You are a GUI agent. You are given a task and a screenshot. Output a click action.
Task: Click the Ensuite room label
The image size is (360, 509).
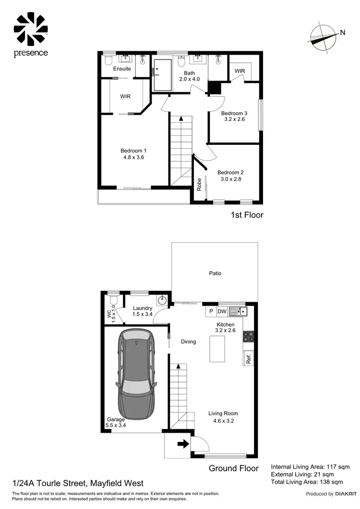coord(122,69)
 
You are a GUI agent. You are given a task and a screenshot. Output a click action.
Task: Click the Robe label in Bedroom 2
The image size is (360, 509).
coord(199,185)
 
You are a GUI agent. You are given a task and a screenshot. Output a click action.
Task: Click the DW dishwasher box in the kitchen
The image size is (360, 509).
coord(222,311)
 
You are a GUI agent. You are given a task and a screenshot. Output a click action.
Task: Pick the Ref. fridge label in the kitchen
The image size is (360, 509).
coord(249,358)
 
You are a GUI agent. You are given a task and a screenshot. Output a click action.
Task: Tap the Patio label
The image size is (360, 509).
coord(215,273)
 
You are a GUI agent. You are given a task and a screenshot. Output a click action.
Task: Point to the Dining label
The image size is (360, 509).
coord(189,342)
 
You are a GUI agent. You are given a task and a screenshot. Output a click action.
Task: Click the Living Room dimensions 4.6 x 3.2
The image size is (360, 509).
coord(223,422)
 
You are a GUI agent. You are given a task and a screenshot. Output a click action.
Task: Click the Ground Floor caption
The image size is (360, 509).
coord(234,468)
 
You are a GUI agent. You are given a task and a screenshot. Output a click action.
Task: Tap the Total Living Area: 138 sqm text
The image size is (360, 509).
coord(307,482)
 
